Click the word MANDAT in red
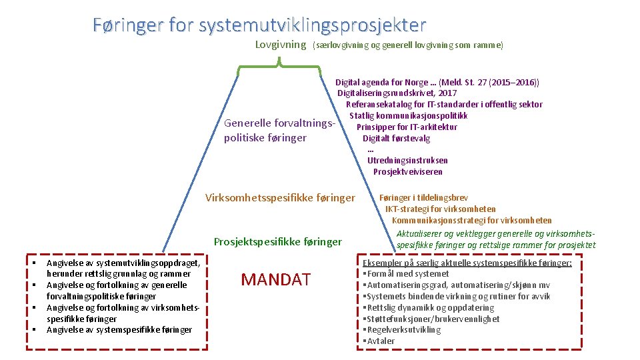click(275, 279)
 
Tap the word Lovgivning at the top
click(281, 45)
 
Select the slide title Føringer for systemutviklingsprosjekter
click(259, 25)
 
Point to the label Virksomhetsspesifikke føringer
click(280, 197)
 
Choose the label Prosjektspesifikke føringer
click(277, 241)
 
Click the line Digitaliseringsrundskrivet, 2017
click(397, 93)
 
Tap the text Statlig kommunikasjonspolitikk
click(408, 116)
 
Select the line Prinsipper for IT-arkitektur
click(407, 127)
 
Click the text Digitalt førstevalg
click(396, 139)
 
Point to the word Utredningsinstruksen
click(407, 160)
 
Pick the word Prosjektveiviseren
click(407, 171)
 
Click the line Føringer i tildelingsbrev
click(423, 197)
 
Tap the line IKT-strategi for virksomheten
click(440, 209)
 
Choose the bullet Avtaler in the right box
click(380, 341)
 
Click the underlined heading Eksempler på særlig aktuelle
click(467, 263)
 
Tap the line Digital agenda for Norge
click(437, 83)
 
